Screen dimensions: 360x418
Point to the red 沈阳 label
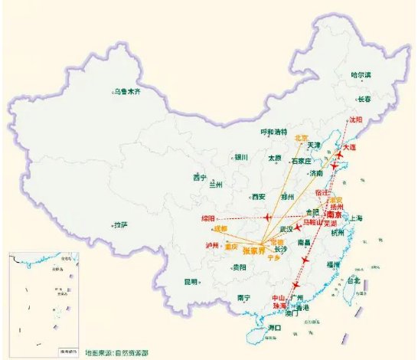[x=355, y=119]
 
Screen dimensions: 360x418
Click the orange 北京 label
[x=302, y=138]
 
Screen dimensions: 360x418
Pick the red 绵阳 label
[x=209, y=218]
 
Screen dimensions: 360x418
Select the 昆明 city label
[x=191, y=281]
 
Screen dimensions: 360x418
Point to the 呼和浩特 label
[x=273, y=132]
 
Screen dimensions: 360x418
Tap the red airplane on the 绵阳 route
[x=266, y=218]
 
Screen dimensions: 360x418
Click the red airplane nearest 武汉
[x=299, y=228]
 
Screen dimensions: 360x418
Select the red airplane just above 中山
[x=295, y=286]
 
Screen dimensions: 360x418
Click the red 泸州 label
[x=212, y=245]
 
